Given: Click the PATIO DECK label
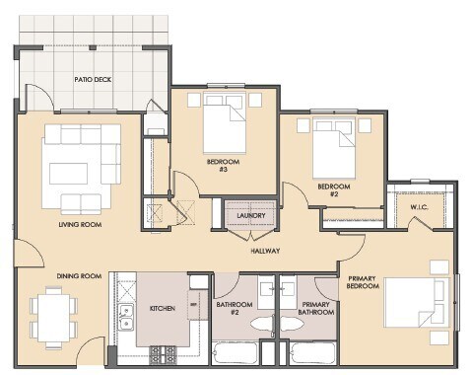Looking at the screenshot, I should tap(94, 78).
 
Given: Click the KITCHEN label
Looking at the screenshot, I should tap(162, 308).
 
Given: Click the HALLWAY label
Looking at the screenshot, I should tap(265, 251).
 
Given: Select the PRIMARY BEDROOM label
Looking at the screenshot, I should tap(366, 285).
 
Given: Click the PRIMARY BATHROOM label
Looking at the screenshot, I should tap(316, 309).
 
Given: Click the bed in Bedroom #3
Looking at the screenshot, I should tap(226, 125).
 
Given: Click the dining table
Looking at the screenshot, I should tap(51, 315).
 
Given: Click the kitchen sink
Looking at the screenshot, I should tap(125, 318).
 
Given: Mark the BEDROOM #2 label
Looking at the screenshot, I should tap(334, 188).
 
